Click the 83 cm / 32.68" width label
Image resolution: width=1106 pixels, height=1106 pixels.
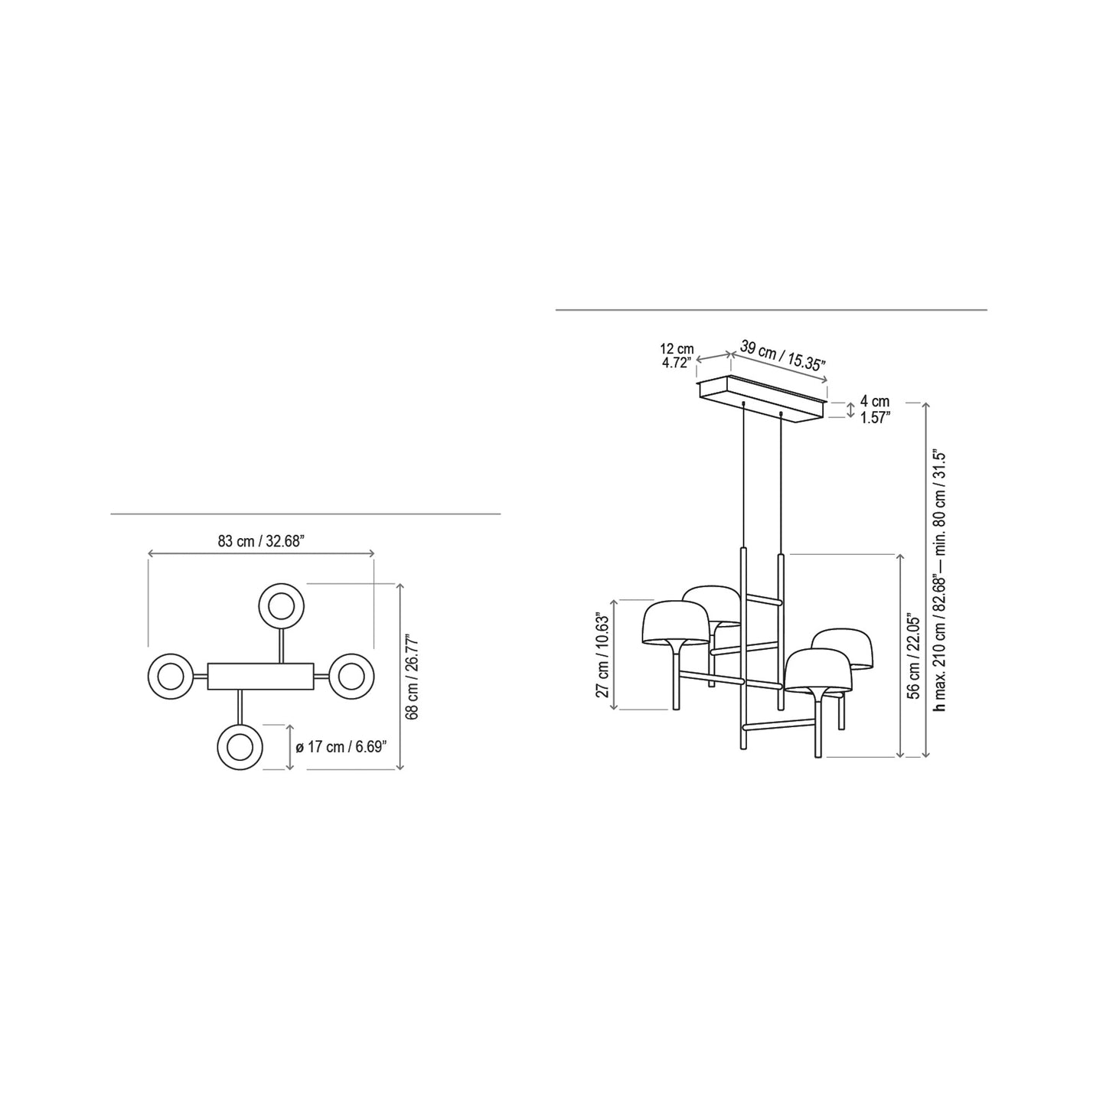[261, 541]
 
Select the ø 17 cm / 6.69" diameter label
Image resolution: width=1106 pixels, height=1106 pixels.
[346, 747]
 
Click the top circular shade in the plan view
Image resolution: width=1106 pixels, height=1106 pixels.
[282, 605]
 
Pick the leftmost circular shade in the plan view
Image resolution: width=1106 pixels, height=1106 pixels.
[170, 676]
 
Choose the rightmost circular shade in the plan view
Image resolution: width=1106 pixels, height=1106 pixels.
[351, 676]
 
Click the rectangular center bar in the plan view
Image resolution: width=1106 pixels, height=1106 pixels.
[260, 676]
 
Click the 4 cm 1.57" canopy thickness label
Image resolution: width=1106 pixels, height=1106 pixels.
[874, 409]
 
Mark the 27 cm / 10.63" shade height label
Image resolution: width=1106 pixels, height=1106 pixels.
[605, 655]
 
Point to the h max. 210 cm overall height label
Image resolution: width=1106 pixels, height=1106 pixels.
[941, 580]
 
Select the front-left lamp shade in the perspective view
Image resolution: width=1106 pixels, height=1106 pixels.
[674, 623]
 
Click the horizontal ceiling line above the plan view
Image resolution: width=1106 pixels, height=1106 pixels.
[305, 514]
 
